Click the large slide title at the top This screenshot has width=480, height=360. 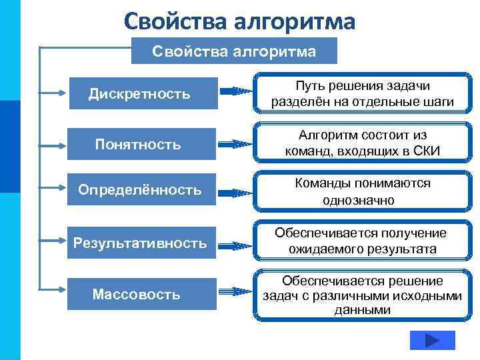pos(240,22)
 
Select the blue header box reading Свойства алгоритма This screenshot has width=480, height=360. pos(234,51)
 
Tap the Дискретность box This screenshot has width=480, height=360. pos(140,94)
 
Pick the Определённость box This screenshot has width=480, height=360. pos(140,191)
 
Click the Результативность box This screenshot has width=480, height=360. pos(140,243)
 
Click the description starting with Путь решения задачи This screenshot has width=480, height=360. pos(362,94)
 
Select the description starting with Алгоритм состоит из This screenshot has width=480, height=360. pos(362,143)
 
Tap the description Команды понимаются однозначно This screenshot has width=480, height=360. pos(362,191)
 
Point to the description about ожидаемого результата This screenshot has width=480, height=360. pos(362,241)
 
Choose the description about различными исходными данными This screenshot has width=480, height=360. pos(362,295)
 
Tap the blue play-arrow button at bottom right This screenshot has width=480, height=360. pos(431,341)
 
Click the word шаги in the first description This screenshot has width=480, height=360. pos(437,102)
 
